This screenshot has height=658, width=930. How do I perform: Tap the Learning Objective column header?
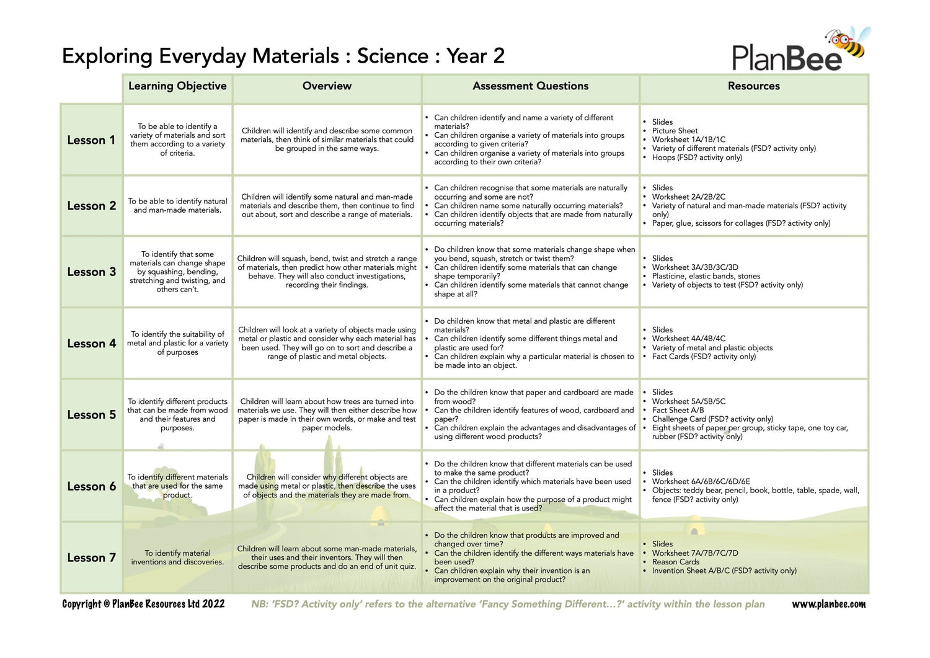[177, 86]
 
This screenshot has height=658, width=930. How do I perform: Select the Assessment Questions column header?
[530, 86]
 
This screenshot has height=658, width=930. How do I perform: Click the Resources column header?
[753, 86]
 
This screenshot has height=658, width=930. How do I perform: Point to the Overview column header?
[327, 86]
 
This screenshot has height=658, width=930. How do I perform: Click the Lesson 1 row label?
[91, 140]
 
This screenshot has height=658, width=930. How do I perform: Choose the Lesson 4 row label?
[91, 344]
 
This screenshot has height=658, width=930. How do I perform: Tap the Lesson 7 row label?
[91, 558]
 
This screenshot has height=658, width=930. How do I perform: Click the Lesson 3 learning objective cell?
[177, 272]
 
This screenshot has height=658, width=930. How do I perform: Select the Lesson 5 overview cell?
[327, 414]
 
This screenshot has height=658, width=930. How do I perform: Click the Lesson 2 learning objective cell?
[177, 206]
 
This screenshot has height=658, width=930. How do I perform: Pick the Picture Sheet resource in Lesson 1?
[675, 131]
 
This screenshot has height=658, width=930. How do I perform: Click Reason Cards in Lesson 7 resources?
[675, 562]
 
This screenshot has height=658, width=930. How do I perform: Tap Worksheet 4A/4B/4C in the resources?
[688, 339]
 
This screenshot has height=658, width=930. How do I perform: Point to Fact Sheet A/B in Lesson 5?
[678, 410]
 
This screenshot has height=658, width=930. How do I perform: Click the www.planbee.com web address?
[828, 604]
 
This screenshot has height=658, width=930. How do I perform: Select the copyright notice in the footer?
[143, 604]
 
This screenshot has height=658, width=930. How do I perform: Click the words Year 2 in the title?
[476, 56]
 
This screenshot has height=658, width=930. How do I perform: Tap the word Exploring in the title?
[107, 56]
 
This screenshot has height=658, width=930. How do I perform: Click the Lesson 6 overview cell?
[327, 486]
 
